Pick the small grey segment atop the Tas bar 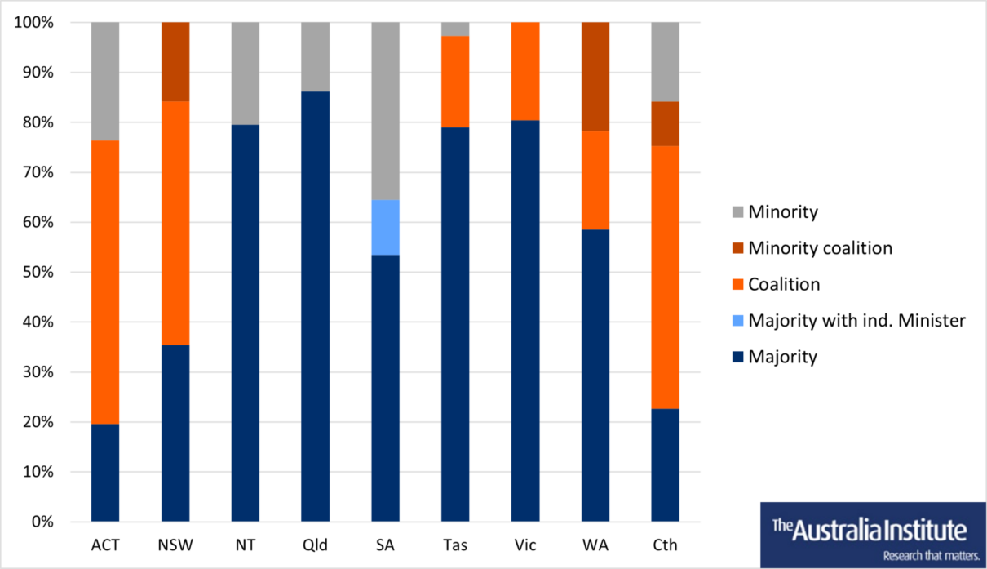coord(455,29)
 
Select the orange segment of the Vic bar coord(525,71)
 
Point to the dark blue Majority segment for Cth coord(666,465)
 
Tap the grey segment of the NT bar coord(246,73)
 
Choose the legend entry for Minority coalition coord(820,248)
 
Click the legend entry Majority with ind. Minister coord(856,320)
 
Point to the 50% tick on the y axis coord(37,273)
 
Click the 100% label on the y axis coord(33,23)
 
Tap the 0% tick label coord(40,522)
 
